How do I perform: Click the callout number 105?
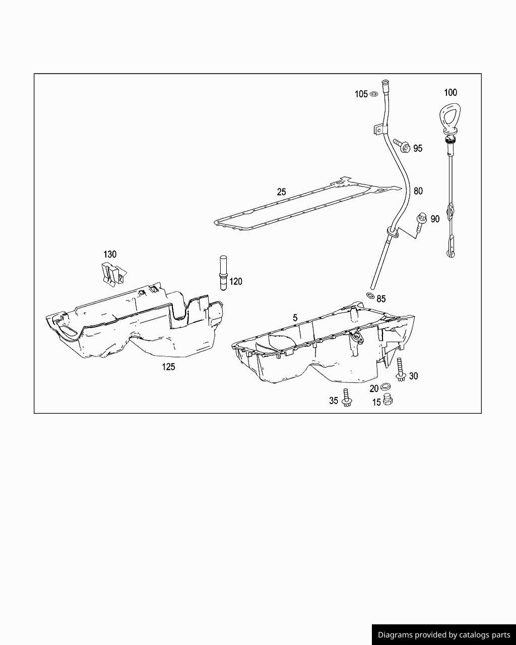(361, 94)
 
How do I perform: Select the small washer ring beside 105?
(374, 94)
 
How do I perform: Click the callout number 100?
(450, 92)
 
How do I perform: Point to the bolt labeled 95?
(402, 146)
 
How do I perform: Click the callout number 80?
(418, 191)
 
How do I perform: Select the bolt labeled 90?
(421, 222)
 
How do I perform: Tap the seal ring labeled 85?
(370, 296)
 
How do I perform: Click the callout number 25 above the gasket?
(281, 192)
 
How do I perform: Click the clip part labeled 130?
(112, 274)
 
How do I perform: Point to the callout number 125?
(168, 367)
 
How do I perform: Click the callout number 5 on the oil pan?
(295, 318)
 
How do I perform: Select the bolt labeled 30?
(401, 370)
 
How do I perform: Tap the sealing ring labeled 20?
(385, 387)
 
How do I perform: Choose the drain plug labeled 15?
(388, 401)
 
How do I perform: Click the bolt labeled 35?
(346, 398)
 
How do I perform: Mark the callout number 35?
(334, 401)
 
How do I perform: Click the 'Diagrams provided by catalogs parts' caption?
(444, 635)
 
